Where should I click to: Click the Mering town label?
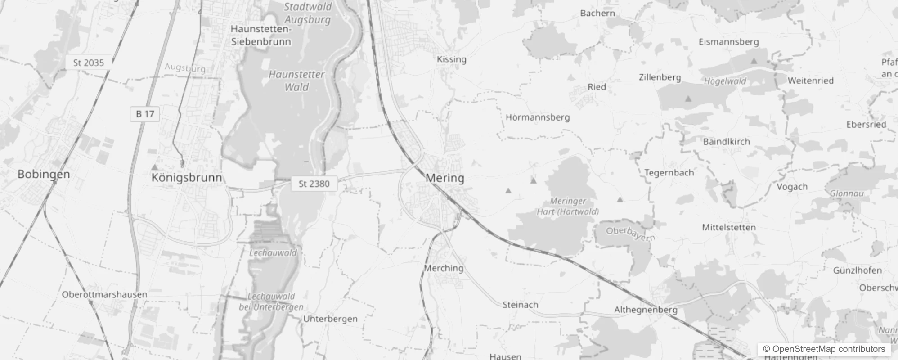pyautogui.click(x=445, y=178)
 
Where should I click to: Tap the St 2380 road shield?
pyautogui.click(x=314, y=184)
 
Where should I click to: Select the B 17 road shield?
pyautogui.click(x=145, y=114)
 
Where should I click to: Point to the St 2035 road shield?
pyautogui.click(x=88, y=63)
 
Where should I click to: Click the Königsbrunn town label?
pyautogui.click(x=187, y=177)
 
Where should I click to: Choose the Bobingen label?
pyautogui.click(x=44, y=174)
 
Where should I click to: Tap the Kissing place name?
pyautogui.click(x=451, y=59)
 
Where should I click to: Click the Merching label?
pyautogui.click(x=444, y=268)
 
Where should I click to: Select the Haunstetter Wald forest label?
pyautogui.click(x=296, y=81)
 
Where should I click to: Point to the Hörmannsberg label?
pyautogui.click(x=537, y=117)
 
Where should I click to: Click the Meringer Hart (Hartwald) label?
pyautogui.click(x=568, y=206)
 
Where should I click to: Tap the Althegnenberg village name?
pyautogui.click(x=646, y=310)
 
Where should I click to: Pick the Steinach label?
pyautogui.click(x=520, y=305)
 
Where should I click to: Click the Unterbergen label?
pyautogui.click(x=330, y=319)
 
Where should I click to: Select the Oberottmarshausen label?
pyautogui.click(x=104, y=294)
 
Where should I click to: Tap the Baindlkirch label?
pyautogui.click(x=726, y=141)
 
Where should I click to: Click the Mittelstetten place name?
pyautogui.click(x=728, y=227)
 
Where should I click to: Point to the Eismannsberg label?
pyautogui.click(x=728, y=42)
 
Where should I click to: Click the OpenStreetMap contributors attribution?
pyautogui.click(x=823, y=349)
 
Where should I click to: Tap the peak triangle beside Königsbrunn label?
pyautogui.click(x=154, y=167)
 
